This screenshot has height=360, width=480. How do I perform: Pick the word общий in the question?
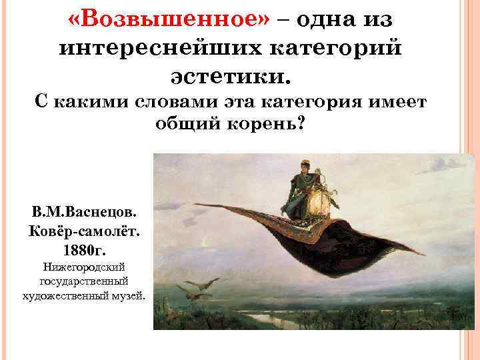(x=185, y=125)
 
